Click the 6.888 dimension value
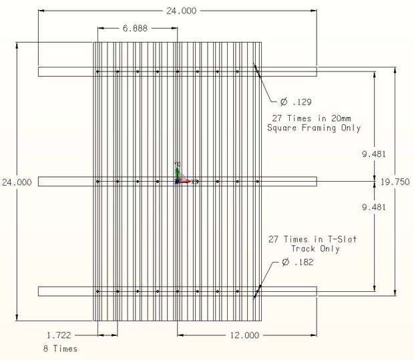pos(135,29)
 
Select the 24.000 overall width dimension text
pos(176,11)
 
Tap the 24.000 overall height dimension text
pos(17,182)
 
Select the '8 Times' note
pos(60,349)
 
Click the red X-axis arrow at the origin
pos(187,181)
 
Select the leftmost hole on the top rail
pos(97,71)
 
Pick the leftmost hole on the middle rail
pos(97,181)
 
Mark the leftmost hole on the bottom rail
pos(97,291)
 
